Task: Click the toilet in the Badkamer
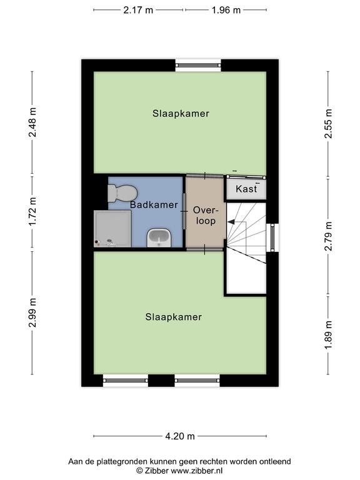click(x=122, y=193)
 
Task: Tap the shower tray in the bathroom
click(x=112, y=228)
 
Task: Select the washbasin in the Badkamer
click(x=159, y=238)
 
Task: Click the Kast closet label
click(x=246, y=189)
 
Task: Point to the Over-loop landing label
click(x=206, y=216)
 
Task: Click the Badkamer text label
click(x=154, y=205)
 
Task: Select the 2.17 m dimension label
click(x=138, y=10)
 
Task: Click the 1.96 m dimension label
click(x=226, y=10)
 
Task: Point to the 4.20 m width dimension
click(x=180, y=436)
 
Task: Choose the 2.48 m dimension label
click(x=32, y=122)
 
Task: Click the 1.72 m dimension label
click(x=32, y=211)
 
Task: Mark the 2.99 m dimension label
click(x=32, y=312)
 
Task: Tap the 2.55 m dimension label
click(x=328, y=123)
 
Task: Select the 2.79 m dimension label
click(x=328, y=236)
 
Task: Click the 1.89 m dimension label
click(x=328, y=334)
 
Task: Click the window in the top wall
click(x=198, y=65)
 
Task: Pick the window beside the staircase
click(x=272, y=237)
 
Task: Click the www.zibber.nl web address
click(x=196, y=471)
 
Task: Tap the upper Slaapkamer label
click(x=181, y=114)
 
